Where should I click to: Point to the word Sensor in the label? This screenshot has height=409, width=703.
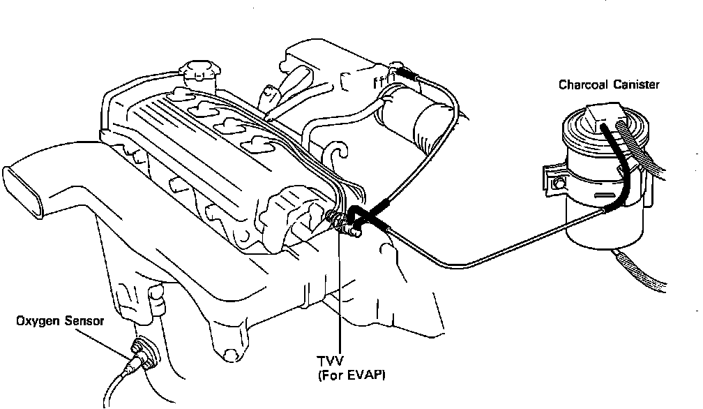(x=85, y=322)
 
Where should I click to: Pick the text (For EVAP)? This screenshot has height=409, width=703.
(x=351, y=375)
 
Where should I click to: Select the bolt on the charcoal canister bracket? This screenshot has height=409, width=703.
(x=559, y=185)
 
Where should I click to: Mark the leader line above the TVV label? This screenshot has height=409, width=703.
(x=340, y=293)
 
